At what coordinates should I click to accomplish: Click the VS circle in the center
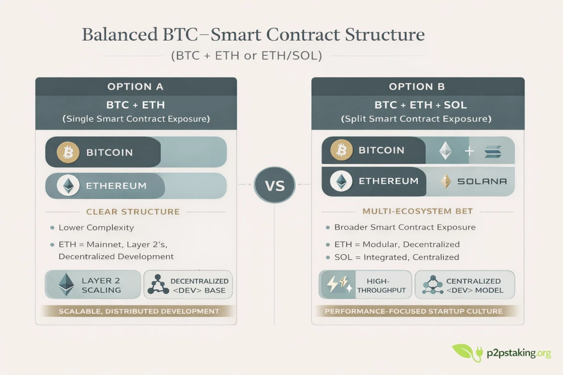pos(275,185)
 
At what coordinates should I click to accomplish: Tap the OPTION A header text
pos(136,87)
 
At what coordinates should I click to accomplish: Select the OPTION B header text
pos(417,87)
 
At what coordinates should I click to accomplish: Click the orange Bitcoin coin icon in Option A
pos(68,152)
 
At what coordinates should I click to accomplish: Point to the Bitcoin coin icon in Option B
pos(341,150)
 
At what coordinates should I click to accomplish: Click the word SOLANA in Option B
pos(482,181)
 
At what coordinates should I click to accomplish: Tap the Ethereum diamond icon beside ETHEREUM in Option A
pos(68,186)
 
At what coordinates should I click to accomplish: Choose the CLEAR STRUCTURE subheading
pos(133,211)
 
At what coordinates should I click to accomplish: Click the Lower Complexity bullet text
pos(96,227)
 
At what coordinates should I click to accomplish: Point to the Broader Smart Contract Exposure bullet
pos(405,227)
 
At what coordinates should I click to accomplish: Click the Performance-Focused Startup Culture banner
pos(413,311)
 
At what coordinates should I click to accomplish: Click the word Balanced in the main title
pos(118,34)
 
